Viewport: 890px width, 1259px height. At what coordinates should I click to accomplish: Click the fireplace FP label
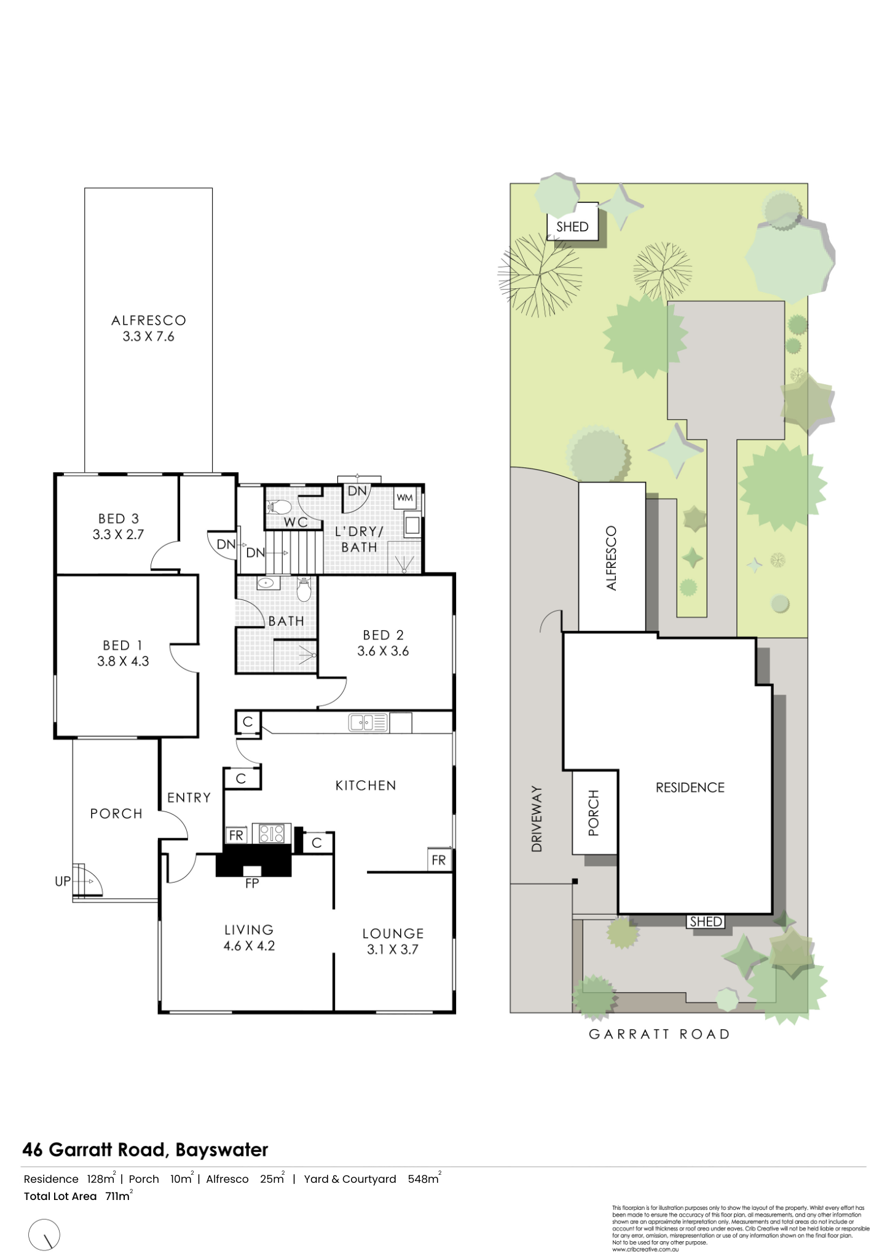click(252, 883)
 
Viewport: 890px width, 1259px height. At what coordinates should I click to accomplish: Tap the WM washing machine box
click(404, 497)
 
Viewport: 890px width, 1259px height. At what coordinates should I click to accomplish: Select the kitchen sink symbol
click(368, 722)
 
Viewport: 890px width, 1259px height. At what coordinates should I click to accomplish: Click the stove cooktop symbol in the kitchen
click(272, 834)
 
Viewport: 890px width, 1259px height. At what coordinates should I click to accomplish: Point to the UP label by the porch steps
click(63, 881)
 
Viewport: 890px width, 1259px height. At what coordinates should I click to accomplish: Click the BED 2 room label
click(383, 635)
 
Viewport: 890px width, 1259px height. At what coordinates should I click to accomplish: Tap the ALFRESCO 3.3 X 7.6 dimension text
click(148, 336)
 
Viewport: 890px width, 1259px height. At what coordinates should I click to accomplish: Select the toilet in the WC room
click(280, 507)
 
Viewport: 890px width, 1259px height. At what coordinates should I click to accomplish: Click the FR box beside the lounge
click(439, 860)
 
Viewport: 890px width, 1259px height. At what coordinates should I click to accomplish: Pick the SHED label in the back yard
click(572, 226)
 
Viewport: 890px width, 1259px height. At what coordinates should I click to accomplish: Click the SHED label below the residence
click(706, 922)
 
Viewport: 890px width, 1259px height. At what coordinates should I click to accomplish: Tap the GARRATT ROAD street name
click(659, 1034)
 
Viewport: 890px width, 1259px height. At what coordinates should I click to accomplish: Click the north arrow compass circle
click(45, 1217)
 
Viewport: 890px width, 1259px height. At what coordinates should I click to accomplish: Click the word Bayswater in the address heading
click(222, 1150)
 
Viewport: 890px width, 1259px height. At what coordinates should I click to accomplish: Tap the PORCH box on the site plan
click(594, 813)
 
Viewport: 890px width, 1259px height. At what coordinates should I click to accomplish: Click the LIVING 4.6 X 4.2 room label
click(248, 937)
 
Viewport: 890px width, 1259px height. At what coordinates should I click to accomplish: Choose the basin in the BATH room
click(266, 583)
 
